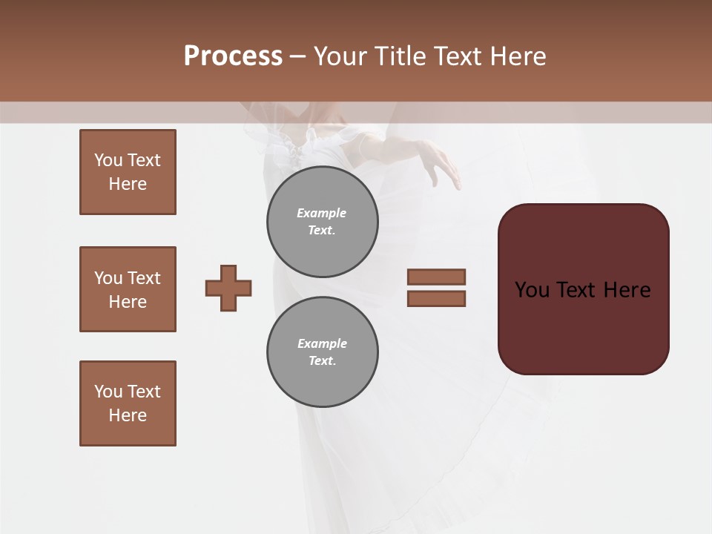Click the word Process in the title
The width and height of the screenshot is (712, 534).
(233, 56)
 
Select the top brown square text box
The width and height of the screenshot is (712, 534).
(128, 172)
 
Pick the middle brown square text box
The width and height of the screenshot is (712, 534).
(128, 289)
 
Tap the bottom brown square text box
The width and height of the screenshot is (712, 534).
(128, 403)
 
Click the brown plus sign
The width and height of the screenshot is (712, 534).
(228, 288)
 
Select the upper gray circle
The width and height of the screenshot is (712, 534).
(323, 222)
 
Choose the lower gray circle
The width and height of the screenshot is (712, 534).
(323, 352)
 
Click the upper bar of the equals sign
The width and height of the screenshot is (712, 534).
(436, 277)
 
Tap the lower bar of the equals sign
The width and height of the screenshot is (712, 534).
(436, 299)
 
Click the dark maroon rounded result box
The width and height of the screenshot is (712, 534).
(583, 326)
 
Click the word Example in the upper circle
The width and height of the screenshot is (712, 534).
(321, 213)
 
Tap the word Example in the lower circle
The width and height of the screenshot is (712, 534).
(322, 343)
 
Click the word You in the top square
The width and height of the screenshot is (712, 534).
(108, 160)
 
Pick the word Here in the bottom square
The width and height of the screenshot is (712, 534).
(128, 415)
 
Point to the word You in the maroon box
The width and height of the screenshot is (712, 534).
(532, 290)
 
